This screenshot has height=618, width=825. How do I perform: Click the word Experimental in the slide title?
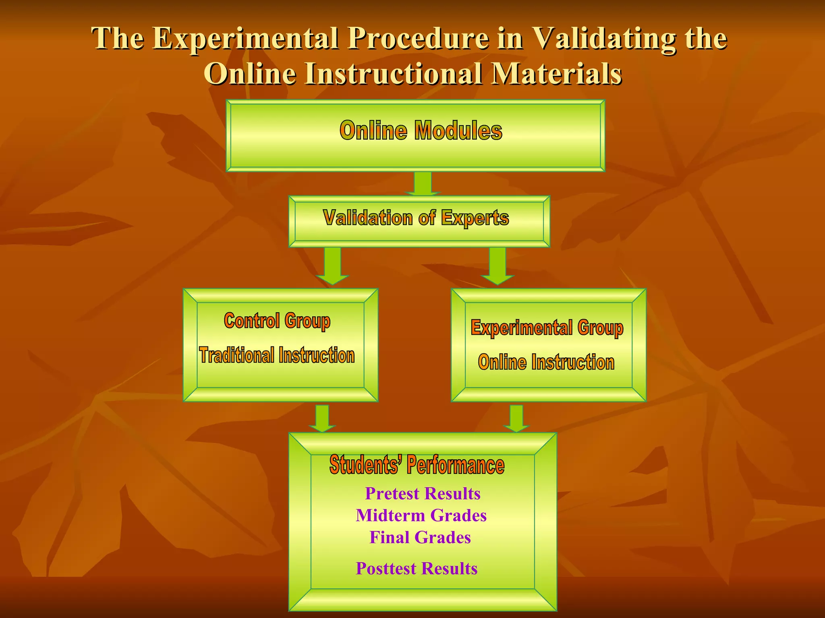(246, 39)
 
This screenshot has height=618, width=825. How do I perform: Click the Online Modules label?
(421, 131)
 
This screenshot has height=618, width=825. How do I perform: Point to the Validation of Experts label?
(416, 218)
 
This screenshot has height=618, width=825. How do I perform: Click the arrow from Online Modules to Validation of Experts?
(423, 184)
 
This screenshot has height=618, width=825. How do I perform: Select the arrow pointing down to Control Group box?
(332, 266)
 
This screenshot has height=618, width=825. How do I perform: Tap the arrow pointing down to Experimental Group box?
(498, 266)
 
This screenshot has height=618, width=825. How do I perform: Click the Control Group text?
(277, 321)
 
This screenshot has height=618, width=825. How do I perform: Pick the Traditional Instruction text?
(277, 355)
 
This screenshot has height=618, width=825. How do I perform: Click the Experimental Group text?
(547, 328)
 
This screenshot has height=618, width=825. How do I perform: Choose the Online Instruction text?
(546, 362)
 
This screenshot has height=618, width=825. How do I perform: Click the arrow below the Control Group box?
(322, 418)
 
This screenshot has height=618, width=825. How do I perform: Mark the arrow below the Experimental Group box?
(516, 418)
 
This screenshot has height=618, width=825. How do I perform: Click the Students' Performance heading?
(417, 465)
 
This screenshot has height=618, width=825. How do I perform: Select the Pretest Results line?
(423, 494)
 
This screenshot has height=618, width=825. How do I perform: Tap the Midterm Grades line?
(421, 515)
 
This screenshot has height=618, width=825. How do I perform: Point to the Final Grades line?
(420, 538)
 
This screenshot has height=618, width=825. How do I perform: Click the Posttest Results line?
(417, 569)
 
